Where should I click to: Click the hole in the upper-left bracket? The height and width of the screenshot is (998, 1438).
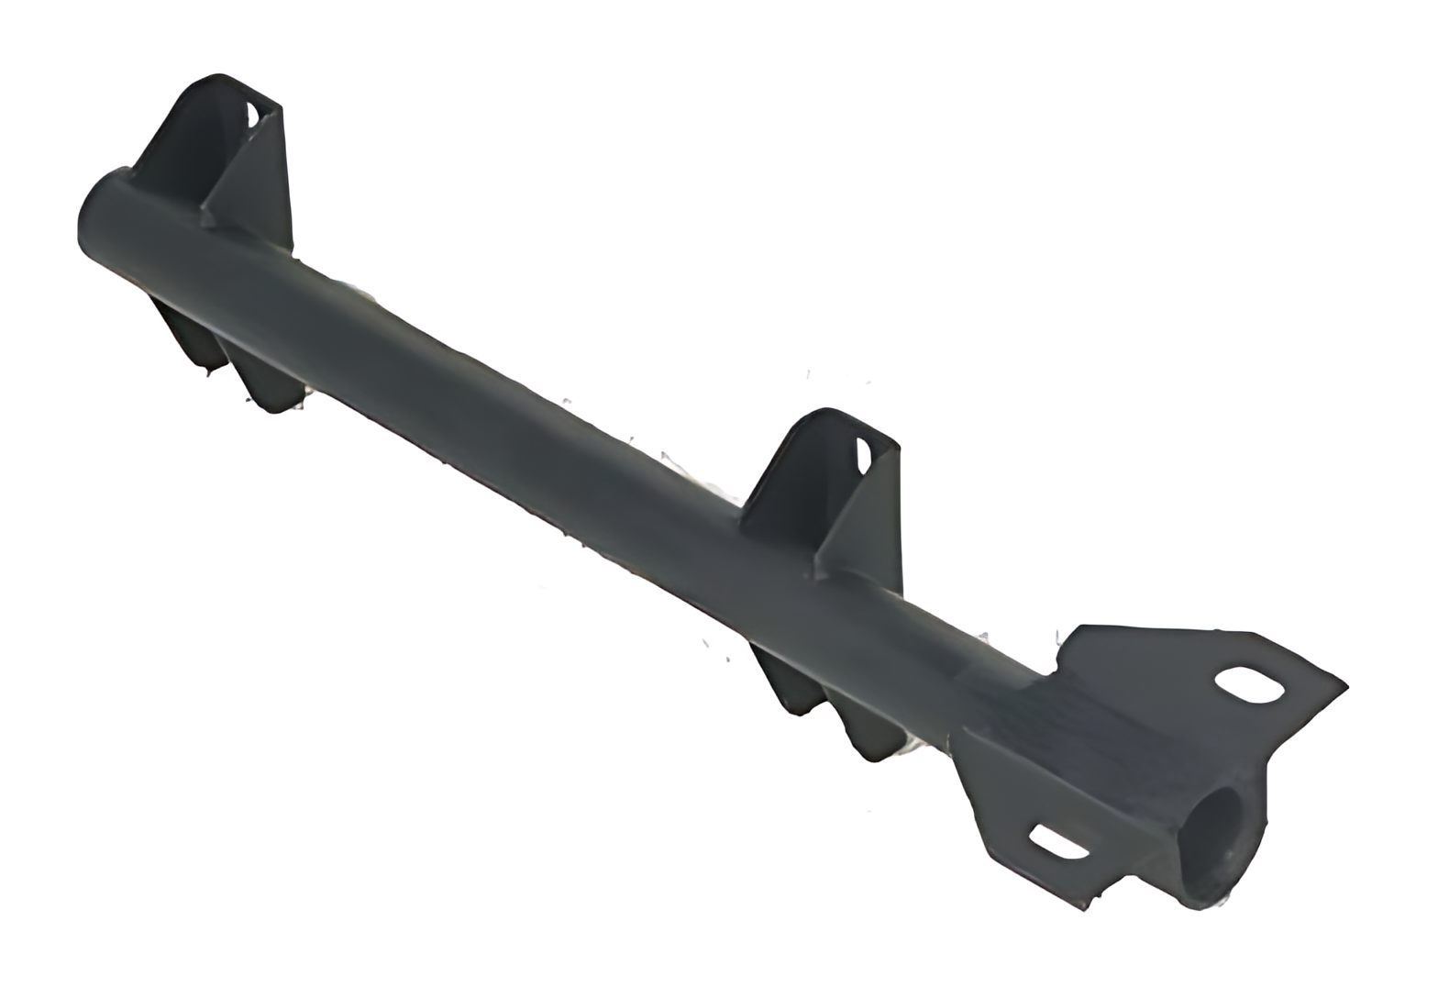click(x=251, y=115)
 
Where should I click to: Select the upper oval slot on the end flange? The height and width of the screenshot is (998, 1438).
click(x=1248, y=685)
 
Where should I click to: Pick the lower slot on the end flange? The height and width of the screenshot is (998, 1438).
click(x=1058, y=841)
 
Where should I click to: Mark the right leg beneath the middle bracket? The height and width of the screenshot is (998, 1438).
click(x=867, y=729)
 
